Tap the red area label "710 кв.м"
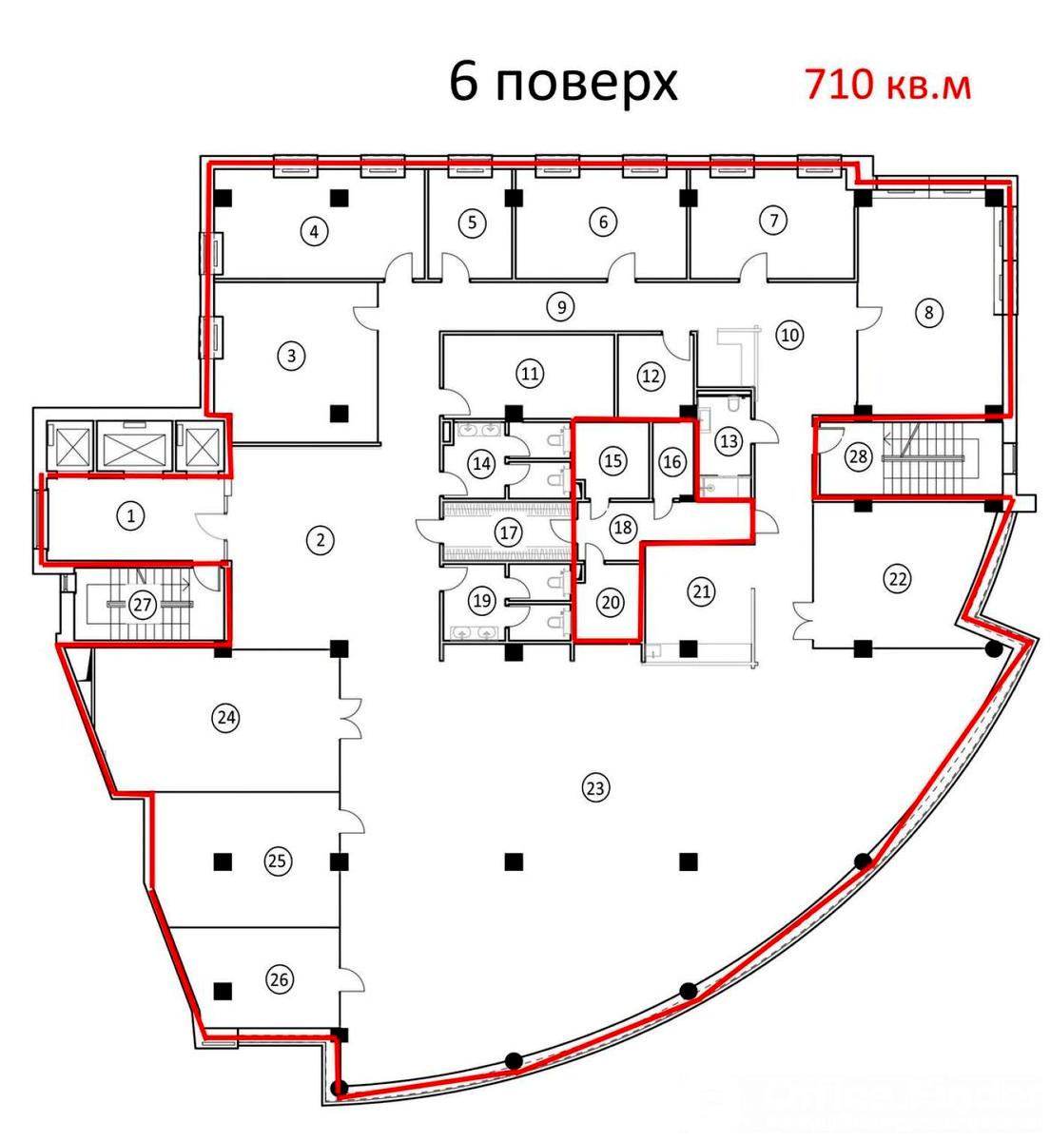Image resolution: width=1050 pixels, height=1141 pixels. click(888, 85)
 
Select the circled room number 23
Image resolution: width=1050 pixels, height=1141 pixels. click(595, 788)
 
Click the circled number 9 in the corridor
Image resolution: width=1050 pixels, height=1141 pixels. click(562, 307)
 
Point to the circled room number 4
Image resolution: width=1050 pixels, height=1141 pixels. click(315, 231)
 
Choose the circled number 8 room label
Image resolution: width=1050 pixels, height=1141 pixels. click(929, 312)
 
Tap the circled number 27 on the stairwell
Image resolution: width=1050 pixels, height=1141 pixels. click(143, 604)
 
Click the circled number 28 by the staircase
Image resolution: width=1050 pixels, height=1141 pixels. click(858, 456)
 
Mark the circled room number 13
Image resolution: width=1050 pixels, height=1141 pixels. click(729, 441)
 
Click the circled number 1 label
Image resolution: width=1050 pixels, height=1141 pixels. click(131, 516)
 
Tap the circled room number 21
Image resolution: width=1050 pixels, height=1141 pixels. click(702, 591)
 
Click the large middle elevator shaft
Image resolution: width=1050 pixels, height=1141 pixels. click(134, 444)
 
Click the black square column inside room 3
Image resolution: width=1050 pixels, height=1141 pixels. click(340, 413)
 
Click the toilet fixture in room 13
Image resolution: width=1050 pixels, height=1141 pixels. click(735, 404)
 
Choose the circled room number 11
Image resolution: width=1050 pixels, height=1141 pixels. click(530, 374)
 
